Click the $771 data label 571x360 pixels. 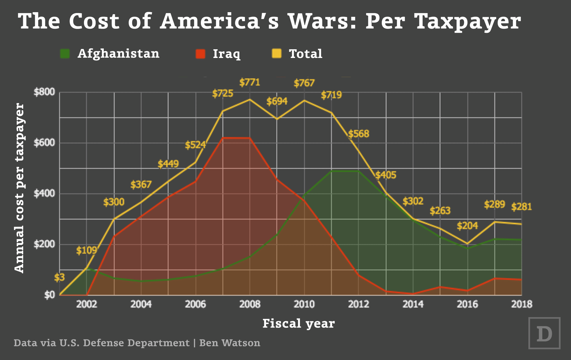point(250,83)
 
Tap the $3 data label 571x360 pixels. point(59,277)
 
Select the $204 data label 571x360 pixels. point(467,226)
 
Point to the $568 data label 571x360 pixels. point(359,134)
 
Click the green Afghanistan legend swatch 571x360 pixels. point(65,54)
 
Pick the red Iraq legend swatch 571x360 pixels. point(201,54)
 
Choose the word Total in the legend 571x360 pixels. point(305,54)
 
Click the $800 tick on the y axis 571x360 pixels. point(44,92)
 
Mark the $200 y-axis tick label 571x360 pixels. point(44,244)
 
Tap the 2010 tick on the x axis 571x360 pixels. point(304,304)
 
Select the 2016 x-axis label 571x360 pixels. point(467,304)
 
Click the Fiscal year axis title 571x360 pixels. point(299,323)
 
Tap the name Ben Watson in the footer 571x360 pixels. point(230,343)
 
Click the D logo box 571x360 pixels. point(544,333)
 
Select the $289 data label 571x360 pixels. point(494,204)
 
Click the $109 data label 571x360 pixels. point(86,250)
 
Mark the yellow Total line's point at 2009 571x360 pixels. point(277,119)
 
